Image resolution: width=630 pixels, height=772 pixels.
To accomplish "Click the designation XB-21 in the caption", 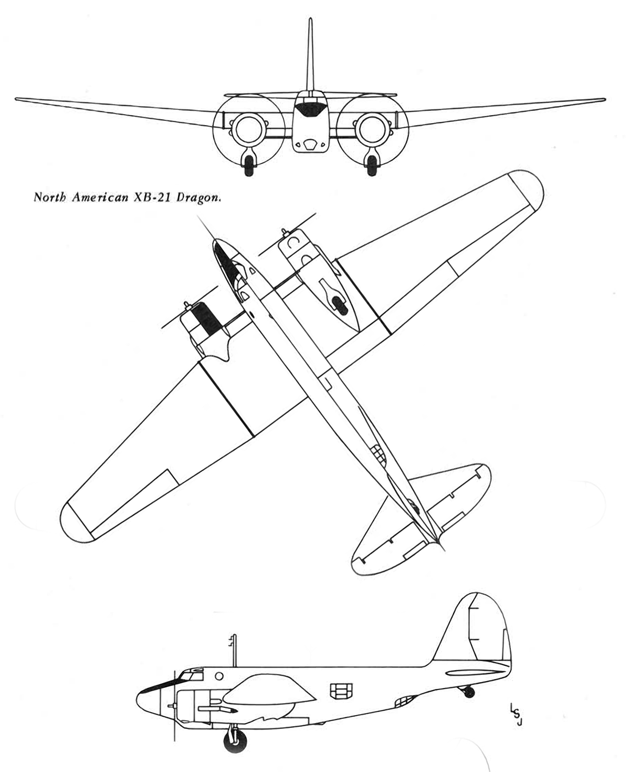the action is tap(151, 197).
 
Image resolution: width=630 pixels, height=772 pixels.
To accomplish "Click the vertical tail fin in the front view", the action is tap(310, 54).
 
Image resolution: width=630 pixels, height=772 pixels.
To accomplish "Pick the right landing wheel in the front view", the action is tap(372, 166).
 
